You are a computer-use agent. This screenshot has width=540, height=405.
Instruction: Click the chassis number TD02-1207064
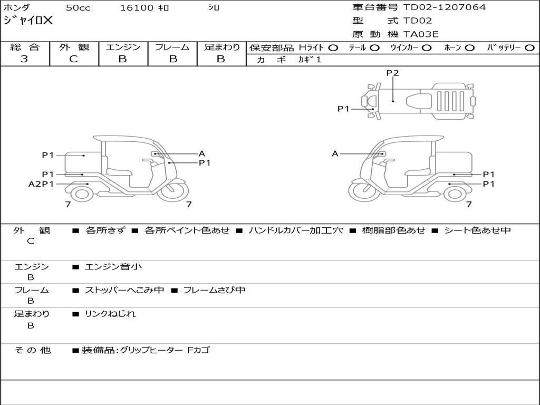click(444, 7)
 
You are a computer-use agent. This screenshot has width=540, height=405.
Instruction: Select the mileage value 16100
click(137, 7)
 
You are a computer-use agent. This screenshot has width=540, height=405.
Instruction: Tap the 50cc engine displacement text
click(78, 7)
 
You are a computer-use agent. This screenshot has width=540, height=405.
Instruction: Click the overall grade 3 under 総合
click(24, 59)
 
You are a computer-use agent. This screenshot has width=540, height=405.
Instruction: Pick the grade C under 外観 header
click(73, 59)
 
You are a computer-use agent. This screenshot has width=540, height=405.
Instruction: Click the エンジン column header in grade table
click(123, 47)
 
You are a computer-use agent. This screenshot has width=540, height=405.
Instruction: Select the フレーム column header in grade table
click(172, 47)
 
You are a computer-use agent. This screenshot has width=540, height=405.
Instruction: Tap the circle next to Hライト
click(333, 48)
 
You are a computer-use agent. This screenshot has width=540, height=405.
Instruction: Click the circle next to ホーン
click(470, 48)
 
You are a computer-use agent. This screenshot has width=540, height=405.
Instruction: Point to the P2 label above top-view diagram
click(392, 73)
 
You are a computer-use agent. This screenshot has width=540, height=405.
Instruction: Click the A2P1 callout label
click(41, 184)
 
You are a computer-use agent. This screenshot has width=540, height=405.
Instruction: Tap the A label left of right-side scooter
click(335, 154)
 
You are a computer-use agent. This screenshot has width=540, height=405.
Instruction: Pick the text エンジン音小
click(113, 266)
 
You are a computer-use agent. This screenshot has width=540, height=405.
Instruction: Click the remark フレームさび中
click(214, 290)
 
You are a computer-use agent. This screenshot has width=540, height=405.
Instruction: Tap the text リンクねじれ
click(110, 314)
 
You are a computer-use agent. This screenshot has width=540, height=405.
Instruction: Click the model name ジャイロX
click(28, 21)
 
